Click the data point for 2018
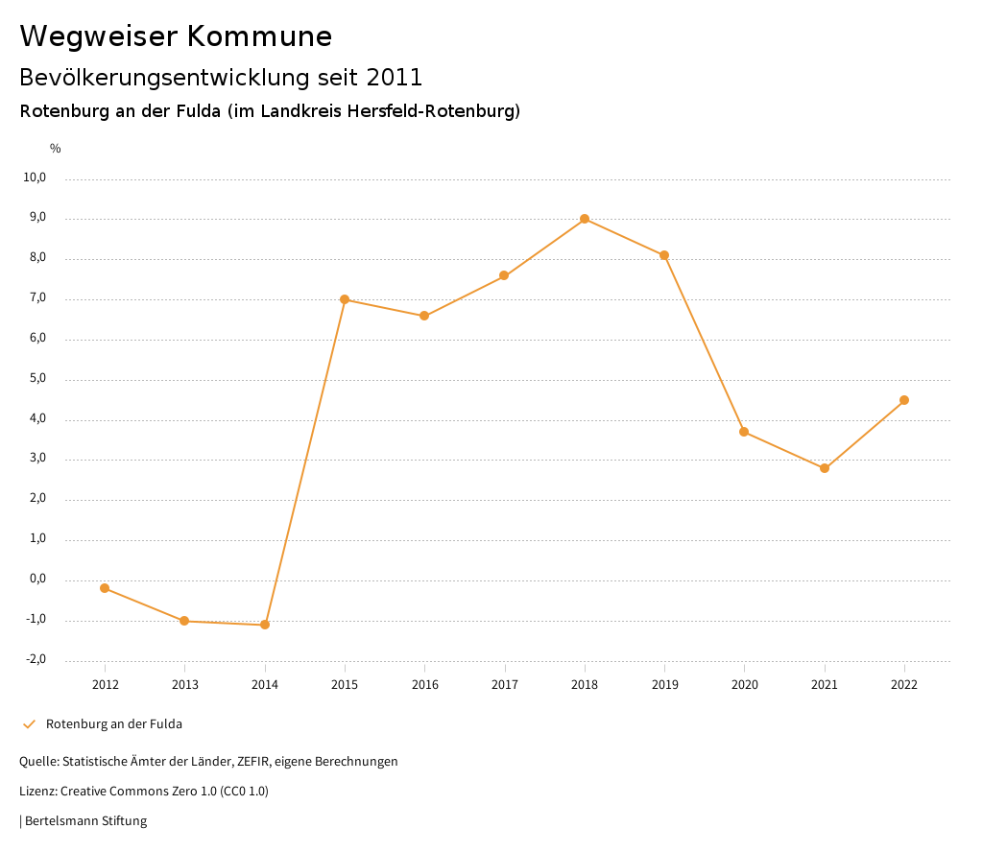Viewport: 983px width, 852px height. [x=585, y=219]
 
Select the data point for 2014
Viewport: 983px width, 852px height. [x=265, y=625]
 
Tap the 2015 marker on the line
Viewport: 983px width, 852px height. [x=345, y=299]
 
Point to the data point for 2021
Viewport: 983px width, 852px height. [x=825, y=468]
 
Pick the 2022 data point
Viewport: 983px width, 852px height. [x=904, y=400]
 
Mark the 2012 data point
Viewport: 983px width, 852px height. [x=105, y=588]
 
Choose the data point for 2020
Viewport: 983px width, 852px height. [x=744, y=432]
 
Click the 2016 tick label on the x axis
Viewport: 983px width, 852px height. [x=424, y=685]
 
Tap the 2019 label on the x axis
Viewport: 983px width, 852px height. [x=664, y=685]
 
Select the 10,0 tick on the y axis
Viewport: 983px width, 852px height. [x=36, y=177]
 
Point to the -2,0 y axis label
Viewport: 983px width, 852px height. [x=36, y=659]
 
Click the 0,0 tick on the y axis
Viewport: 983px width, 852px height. [x=37, y=579]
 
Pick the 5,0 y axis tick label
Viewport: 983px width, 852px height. [x=37, y=378]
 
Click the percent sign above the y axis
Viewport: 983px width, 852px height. [x=56, y=149]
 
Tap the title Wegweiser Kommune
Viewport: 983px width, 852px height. [x=176, y=36]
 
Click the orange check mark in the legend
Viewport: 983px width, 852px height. [x=29, y=724]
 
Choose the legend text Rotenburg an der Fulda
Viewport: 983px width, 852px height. [x=114, y=724]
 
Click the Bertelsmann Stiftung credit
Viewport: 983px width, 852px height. [x=85, y=821]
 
